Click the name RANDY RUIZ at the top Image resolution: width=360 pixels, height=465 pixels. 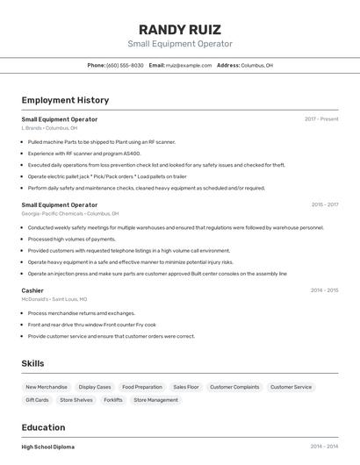pyautogui.click(x=180, y=29)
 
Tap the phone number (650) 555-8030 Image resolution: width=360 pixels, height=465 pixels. pyautogui.click(x=125, y=65)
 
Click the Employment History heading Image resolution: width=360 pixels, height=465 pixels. pyautogui.click(x=65, y=100)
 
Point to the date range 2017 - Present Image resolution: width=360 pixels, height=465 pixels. pyautogui.click(x=321, y=118)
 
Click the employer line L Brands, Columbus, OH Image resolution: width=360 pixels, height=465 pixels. pyautogui.click(x=49, y=128)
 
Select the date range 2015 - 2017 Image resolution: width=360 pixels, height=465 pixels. pyautogui.click(x=325, y=204)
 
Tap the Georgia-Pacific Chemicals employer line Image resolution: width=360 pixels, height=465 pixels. pyautogui.click(x=69, y=213)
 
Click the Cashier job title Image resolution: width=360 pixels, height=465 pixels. pyautogui.click(x=32, y=290)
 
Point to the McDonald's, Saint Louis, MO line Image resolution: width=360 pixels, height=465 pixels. pyautogui.click(x=54, y=299)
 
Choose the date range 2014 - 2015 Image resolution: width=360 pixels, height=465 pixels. pyautogui.click(x=324, y=290)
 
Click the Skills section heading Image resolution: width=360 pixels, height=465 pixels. pyautogui.click(x=33, y=363)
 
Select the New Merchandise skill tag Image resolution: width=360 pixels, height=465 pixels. pyautogui.click(x=47, y=387)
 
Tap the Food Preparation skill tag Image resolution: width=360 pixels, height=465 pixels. pyautogui.click(x=142, y=387)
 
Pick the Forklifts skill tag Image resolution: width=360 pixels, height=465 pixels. pyautogui.click(x=113, y=400)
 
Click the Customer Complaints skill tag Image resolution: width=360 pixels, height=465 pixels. pyautogui.click(x=234, y=387)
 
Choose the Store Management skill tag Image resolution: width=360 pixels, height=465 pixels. pyautogui.click(x=155, y=400)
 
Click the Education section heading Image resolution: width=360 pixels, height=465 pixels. pyautogui.click(x=45, y=428)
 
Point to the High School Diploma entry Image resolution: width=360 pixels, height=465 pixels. pyautogui.click(x=48, y=447)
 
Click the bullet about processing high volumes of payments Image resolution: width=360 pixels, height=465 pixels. pyautogui.click(x=71, y=239)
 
